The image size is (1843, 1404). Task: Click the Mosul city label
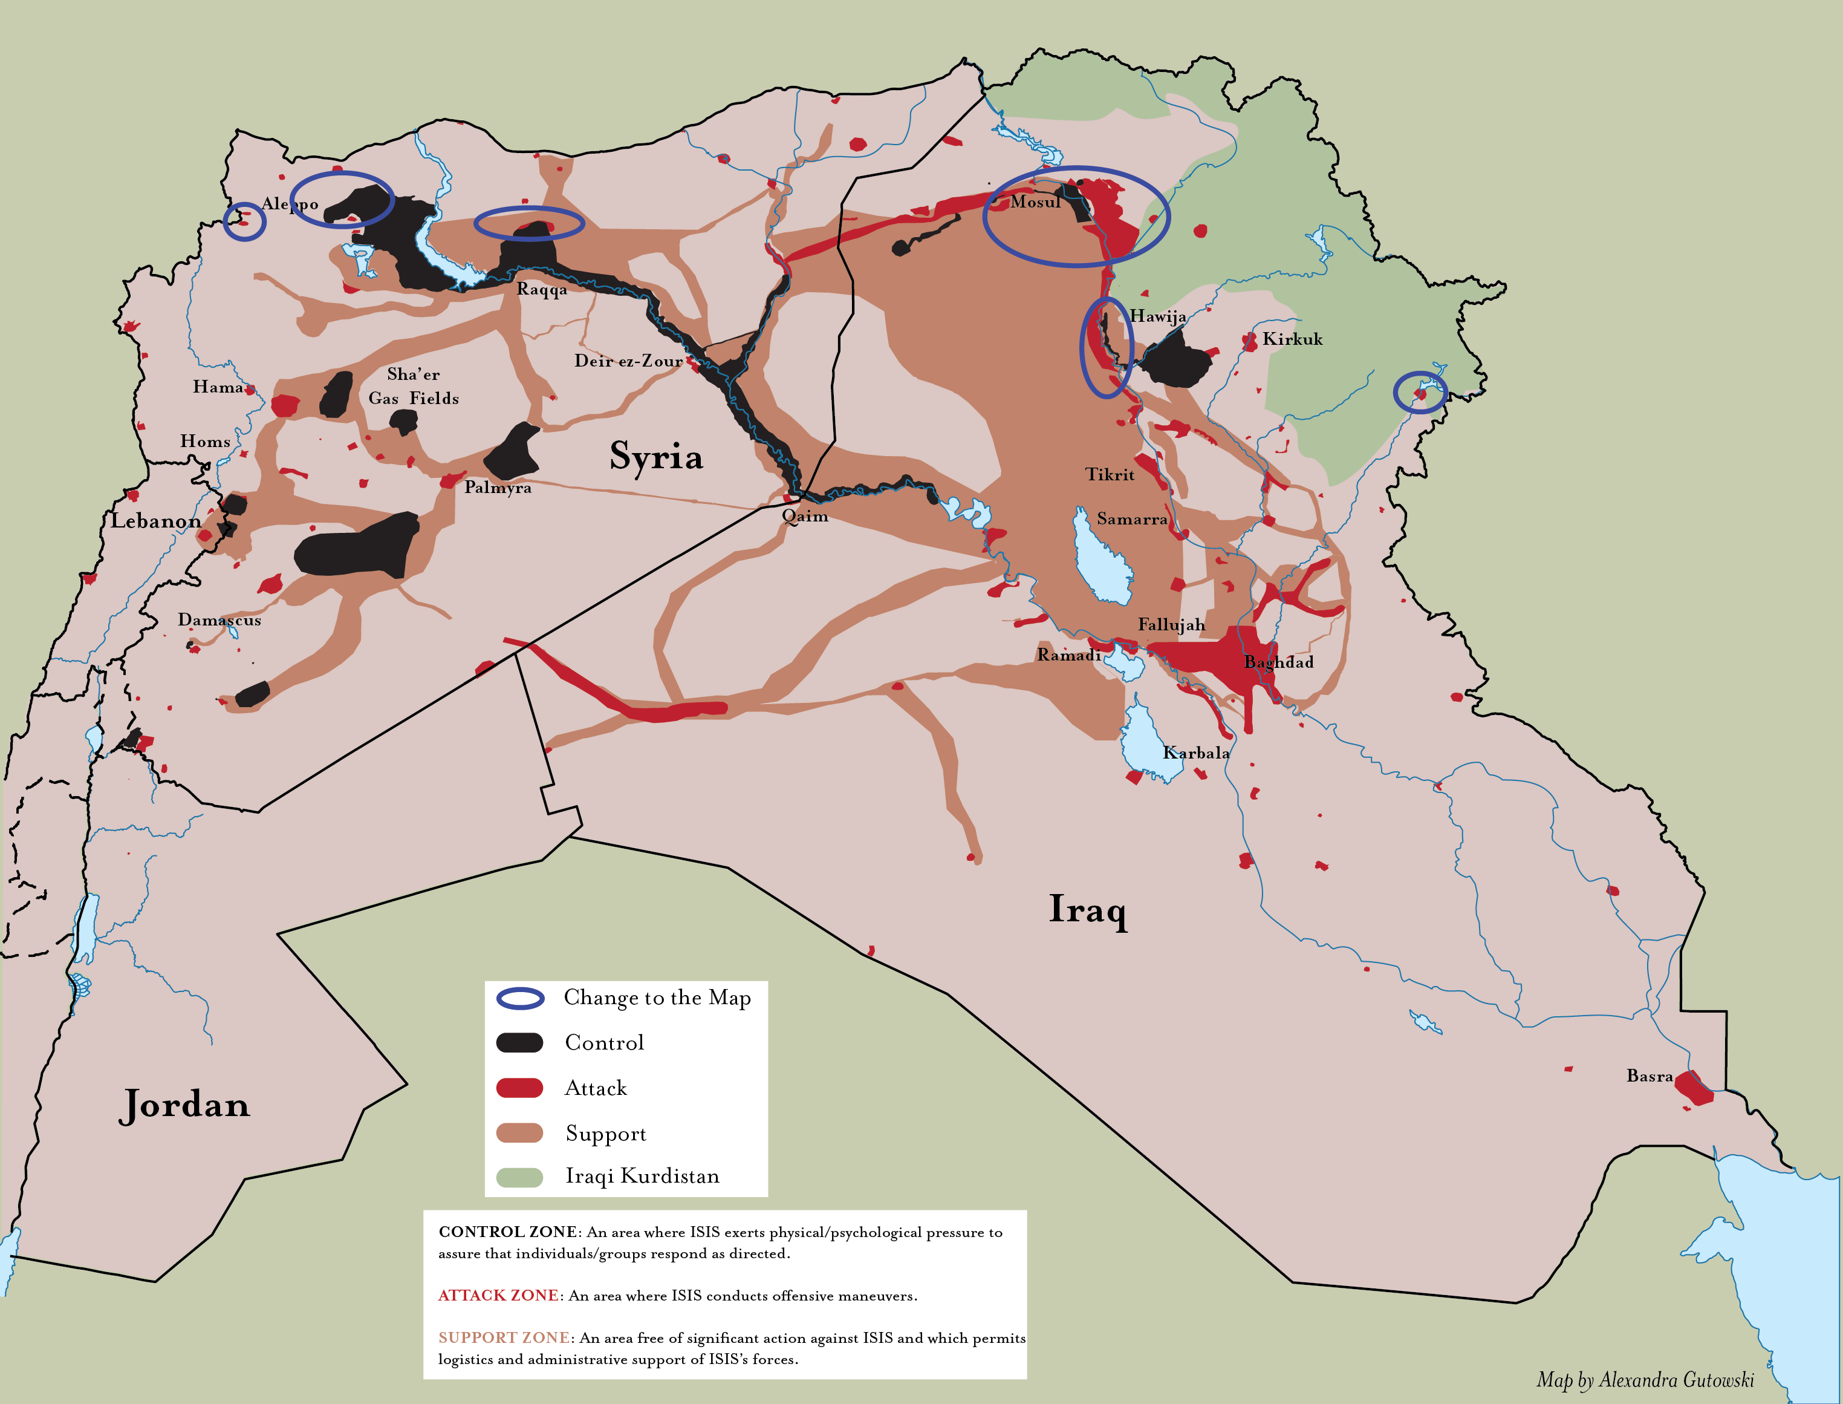(x=1035, y=202)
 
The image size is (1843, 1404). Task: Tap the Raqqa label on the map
(x=541, y=289)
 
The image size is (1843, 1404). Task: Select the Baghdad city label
(x=1278, y=662)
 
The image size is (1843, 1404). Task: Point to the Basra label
(x=1649, y=1076)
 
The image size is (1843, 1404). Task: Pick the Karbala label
(x=1195, y=752)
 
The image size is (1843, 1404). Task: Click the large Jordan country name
(x=184, y=1105)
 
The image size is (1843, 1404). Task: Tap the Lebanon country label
(x=156, y=521)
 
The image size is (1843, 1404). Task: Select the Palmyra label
(x=498, y=487)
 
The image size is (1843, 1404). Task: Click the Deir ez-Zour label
(x=628, y=361)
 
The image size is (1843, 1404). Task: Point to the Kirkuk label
(x=1292, y=339)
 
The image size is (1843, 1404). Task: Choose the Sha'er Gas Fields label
(x=414, y=386)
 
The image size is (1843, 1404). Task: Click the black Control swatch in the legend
(x=519, y=1042)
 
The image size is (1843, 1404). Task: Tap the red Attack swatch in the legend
(x=519, y=1087)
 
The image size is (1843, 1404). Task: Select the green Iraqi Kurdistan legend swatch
(x=519, y=1177)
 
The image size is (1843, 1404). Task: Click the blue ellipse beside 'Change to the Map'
(x=519, y=998)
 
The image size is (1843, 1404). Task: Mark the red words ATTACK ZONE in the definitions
(x=498, y=1295)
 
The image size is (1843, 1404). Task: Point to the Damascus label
(x=219, y=620)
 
